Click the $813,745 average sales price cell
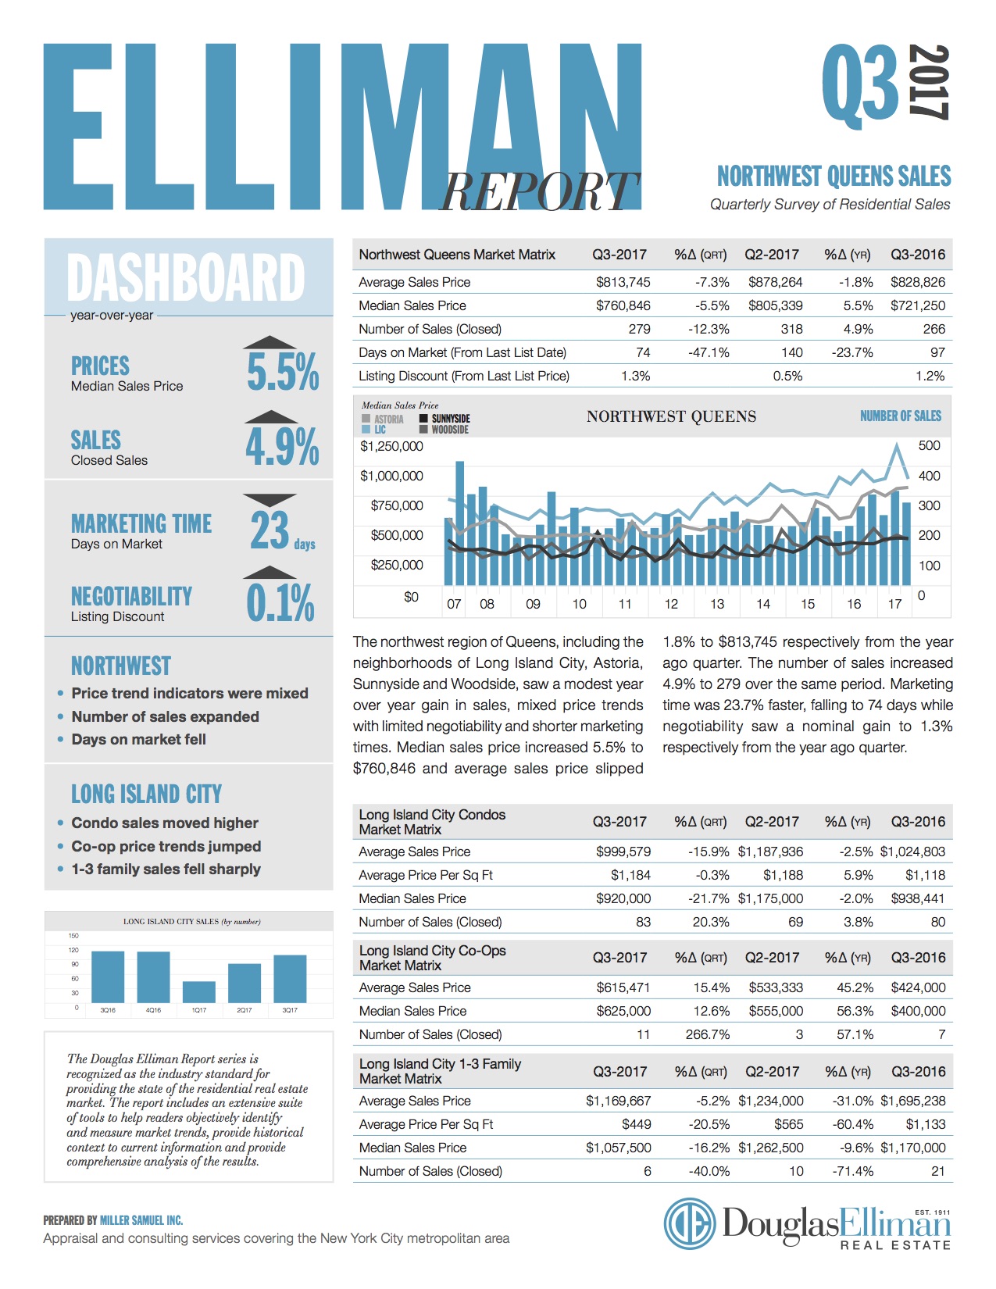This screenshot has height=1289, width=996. click(623, 282)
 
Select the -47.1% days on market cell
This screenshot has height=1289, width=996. click(709, 352)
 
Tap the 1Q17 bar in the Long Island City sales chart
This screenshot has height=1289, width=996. click(198, 991)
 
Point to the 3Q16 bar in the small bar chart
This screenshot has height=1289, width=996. click(108, 977)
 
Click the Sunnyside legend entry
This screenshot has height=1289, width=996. click(445, 418)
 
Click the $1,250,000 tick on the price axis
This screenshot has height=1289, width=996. click(391, 446)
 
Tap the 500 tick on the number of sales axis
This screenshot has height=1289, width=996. click(929, 445)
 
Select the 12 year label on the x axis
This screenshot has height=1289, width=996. click(671, 604)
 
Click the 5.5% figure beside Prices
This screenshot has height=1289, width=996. click(283, 372)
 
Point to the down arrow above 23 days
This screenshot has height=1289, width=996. click(270, 499)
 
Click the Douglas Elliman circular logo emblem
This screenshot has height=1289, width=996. click(689, 1223)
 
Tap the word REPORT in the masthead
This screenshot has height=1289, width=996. click(539, 191)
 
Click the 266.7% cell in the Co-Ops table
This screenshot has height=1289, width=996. click(708, 1034)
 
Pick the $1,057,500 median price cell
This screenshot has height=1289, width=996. click(618, 1148)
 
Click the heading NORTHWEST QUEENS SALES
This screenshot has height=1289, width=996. click(834, 177)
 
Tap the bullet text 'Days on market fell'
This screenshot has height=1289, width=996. click(139, 739)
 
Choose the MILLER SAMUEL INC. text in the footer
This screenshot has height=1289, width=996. click(141, 1220)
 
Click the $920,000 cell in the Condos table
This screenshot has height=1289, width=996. click(623, 898)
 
